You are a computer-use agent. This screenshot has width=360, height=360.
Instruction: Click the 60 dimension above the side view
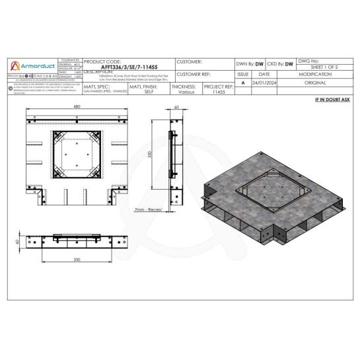pyautogui.click(x=176, y=107)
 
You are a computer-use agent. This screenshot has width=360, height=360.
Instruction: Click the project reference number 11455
pyautogui.click(x=219, y=93)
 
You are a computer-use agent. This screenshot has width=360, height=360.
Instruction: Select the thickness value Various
pyautogui.click(x=186, y=93)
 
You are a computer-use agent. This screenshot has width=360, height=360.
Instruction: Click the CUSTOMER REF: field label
pyautogui.click(x=193, y=75)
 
